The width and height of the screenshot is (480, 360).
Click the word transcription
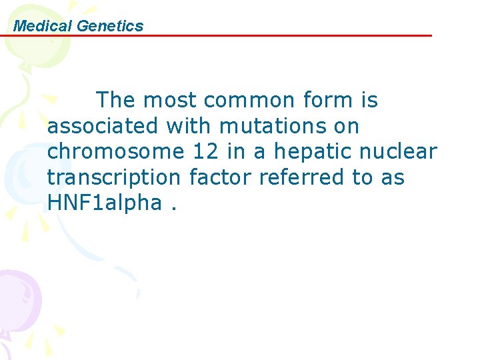114,177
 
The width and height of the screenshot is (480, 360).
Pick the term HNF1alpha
104,203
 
